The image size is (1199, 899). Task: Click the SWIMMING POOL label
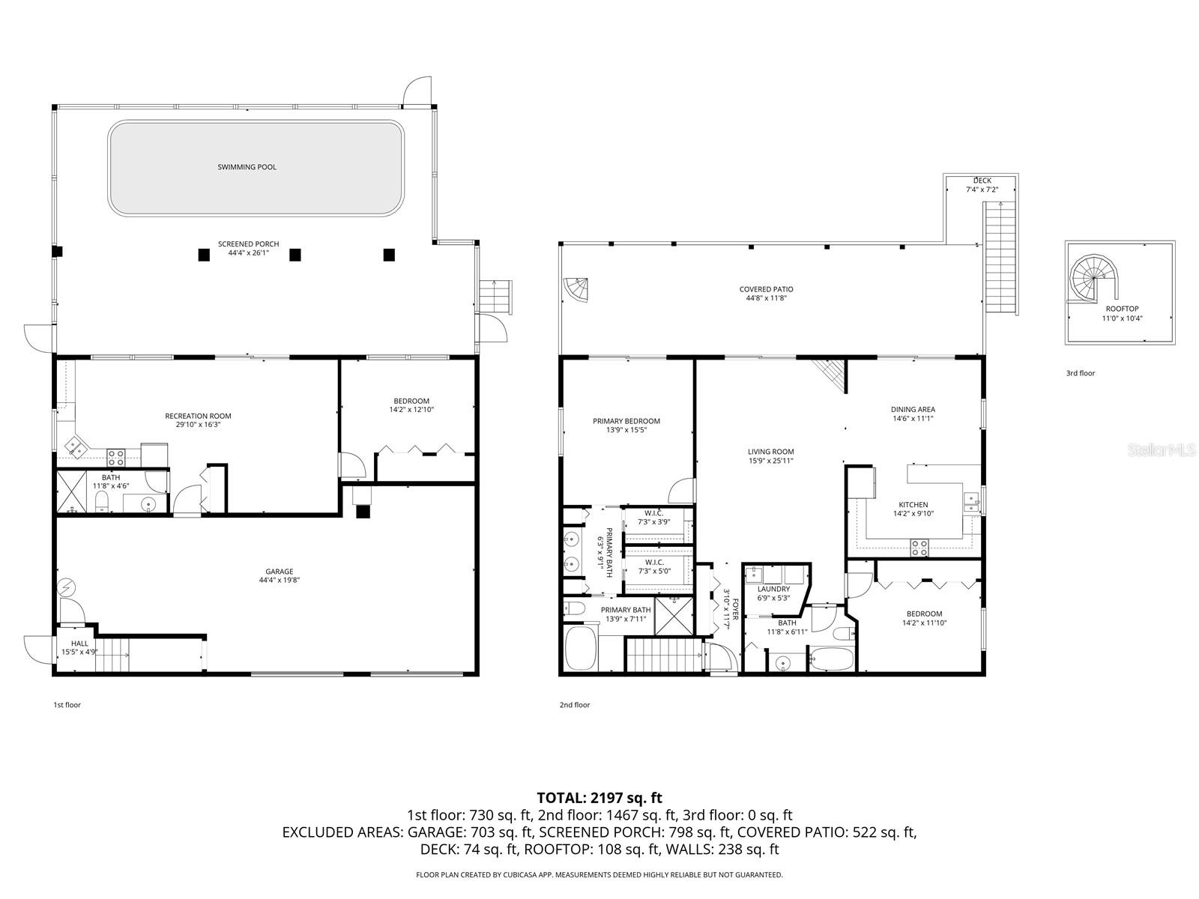[247, 167]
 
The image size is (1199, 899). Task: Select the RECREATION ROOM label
[198, 416]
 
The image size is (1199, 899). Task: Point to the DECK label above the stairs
[982, 181]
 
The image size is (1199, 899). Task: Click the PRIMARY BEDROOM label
[626, 421]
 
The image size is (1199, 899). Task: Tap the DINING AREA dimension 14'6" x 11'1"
[913, 419]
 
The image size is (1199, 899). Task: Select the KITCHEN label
[913, 505]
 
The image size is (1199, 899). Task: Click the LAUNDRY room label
[773, 589]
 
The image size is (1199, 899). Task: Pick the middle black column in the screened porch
[295, 255]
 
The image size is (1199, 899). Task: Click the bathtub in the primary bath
[580, 649]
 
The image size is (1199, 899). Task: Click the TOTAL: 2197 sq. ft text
[599, 798]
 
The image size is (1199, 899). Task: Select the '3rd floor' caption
[1080, 373]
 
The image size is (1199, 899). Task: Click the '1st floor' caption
[67, 705]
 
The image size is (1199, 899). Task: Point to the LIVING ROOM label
[770, 452]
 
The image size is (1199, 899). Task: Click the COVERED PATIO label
[766, 289]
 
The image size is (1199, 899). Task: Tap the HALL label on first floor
[79, 644]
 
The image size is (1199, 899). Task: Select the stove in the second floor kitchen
[919, 548]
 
